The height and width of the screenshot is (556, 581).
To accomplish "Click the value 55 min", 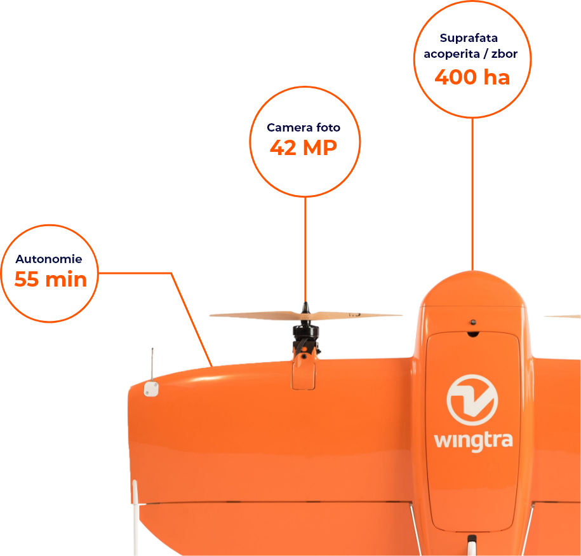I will pos(50,279).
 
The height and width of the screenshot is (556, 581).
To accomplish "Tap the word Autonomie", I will pos(49,259).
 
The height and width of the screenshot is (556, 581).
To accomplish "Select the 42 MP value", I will pos(304,147).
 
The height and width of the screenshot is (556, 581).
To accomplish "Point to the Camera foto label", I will pos(304,128).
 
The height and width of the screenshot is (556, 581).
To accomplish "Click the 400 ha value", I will pos(472,77).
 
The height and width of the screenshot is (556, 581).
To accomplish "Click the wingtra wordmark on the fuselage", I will pos(473,440).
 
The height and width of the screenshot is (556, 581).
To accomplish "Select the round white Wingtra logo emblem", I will pos(472,399).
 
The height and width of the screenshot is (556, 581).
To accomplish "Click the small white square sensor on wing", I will pos(150,389).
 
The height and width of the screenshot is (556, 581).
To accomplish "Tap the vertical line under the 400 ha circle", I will pos(472,191).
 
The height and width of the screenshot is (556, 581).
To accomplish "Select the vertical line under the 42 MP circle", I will pos(305,248).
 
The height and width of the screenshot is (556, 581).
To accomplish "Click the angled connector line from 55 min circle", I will pos(190,318).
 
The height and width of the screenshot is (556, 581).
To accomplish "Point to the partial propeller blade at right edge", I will pos(563,316).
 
